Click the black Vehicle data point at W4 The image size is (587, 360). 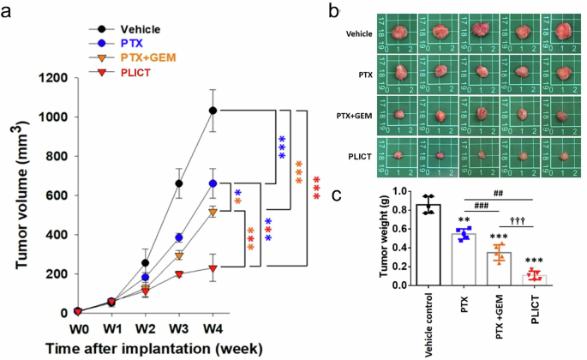213,110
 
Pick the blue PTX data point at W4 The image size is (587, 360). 213,183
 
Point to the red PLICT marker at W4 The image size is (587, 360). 213,268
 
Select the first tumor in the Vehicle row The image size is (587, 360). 399,33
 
